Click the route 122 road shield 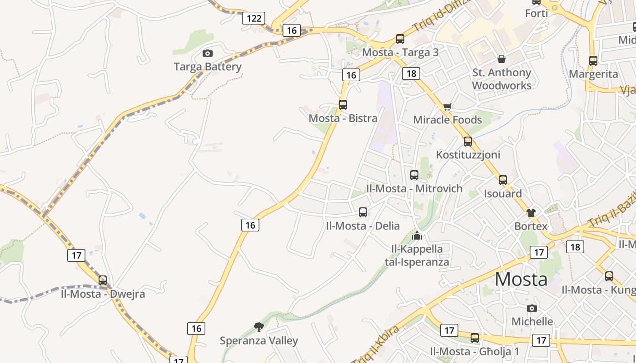click(x=253, y=18)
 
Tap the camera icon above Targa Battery click(x=208, y=54)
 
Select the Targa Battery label click(x=208, y=67)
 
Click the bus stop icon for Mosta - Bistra click(x=343, y=105)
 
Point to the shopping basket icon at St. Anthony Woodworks click(x=502, y=59)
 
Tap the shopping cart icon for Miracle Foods click(x=447, y=107)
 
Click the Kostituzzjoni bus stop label click(x=468, y=155)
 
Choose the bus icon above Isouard click(x=502, y=180)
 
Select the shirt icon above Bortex click(x=531, y=212)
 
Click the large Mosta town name click(x=521, y=279)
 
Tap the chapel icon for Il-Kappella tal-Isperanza click(x=417, y=235)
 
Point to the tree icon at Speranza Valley click(x=259, y=327)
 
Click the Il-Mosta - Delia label click(x=363, y=226)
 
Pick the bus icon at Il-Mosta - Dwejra click(x=103, y=280)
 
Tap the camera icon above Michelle click(x=532, y=309)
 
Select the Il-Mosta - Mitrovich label click(x=414, y=188)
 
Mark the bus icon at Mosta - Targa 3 click(x=400, y=39)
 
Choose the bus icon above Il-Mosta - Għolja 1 click(x=475, y=338)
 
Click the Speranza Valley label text click(x=259, y=341)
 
